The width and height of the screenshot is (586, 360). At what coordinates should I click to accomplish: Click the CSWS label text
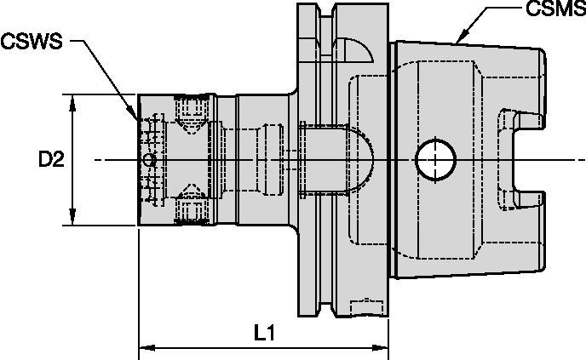click(32, 41)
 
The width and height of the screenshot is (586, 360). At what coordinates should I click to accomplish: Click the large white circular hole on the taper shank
click(434, 159)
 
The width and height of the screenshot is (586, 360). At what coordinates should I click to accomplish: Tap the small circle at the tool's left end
click(150, 159)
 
